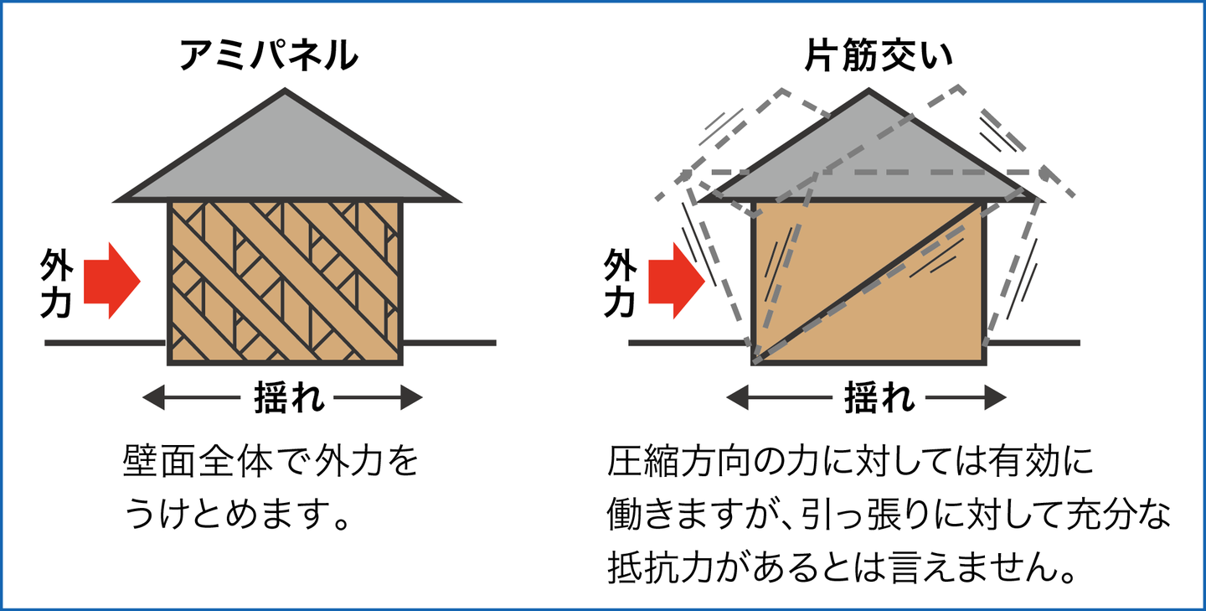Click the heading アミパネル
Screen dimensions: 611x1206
(x=269, y=57)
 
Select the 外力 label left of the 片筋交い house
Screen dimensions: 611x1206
(x=620, y=284)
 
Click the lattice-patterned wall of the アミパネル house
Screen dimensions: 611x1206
(x=286, y=282)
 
